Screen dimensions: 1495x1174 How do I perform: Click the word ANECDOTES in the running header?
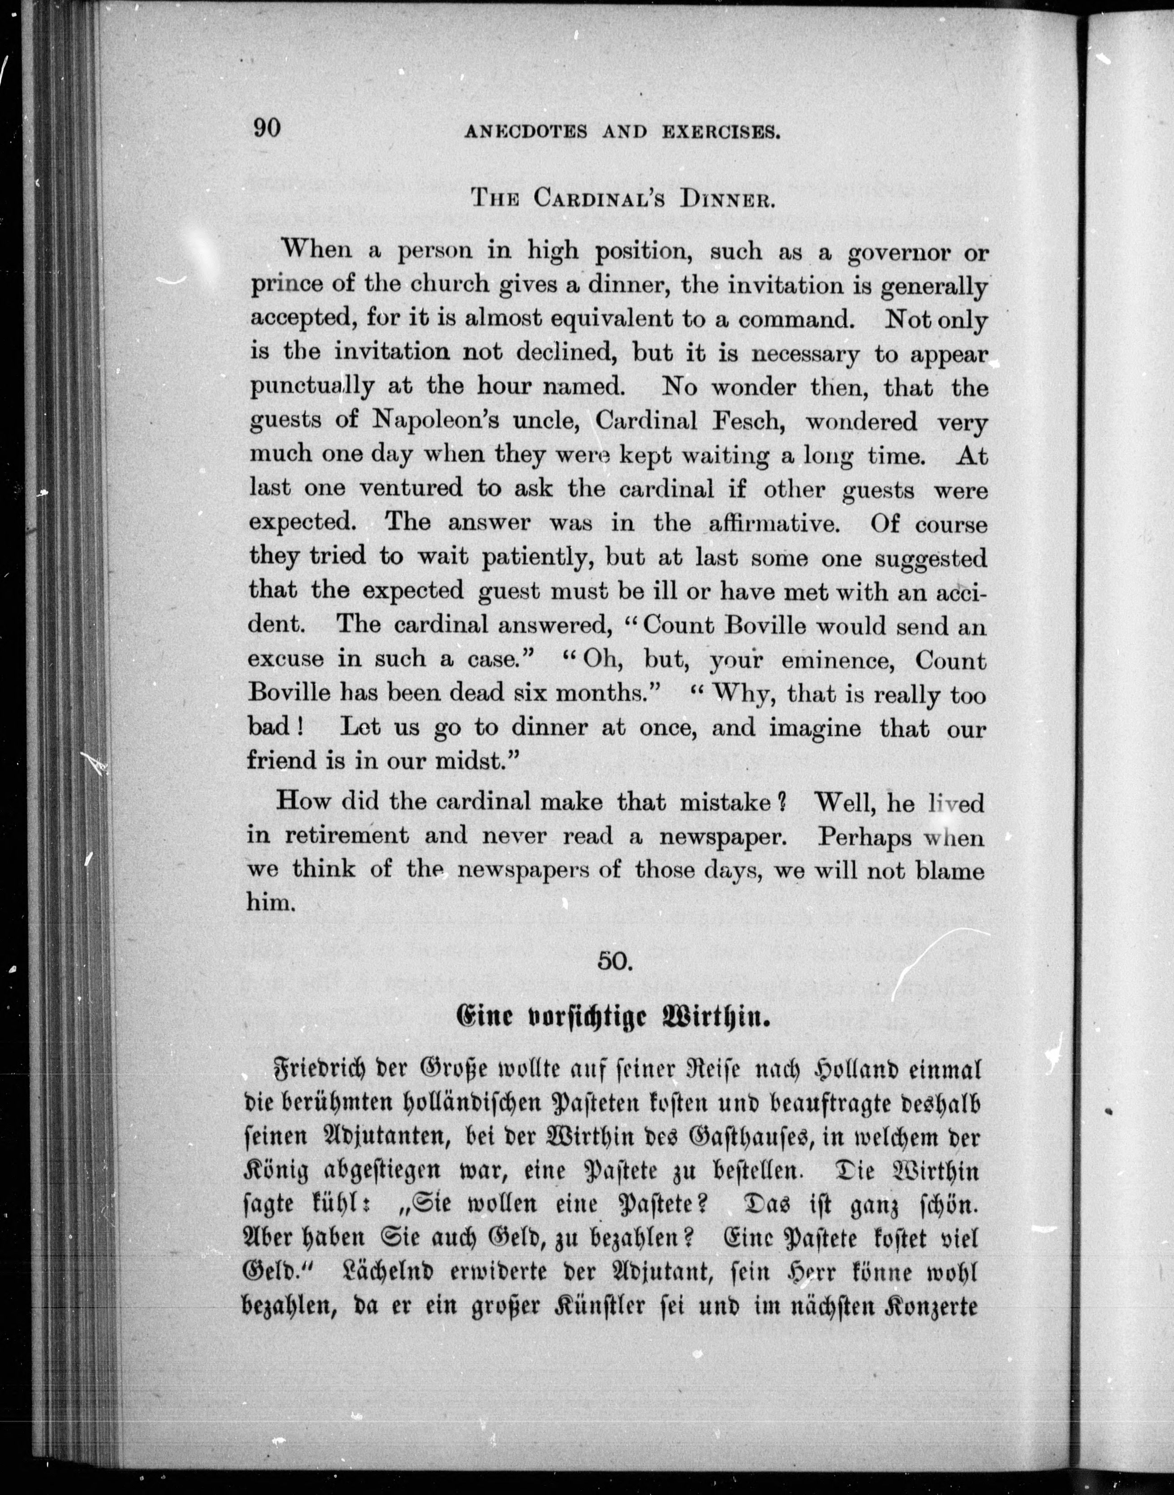[526, 132]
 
